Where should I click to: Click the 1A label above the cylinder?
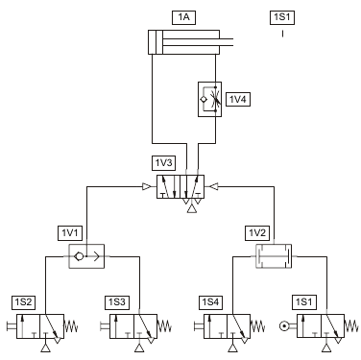[x=183, y=17]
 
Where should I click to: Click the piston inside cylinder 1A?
[x=156, y=42]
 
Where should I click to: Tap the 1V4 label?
[x=238, y=100]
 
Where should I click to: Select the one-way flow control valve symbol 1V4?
[x=209, y=99]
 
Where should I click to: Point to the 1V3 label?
[x=163, y=163]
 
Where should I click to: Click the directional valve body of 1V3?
[x=180, y=186]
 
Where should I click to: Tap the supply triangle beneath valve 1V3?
[x=192, y=209]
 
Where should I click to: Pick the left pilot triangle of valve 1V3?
[x=147, y=186]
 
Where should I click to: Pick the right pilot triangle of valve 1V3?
[x=214, y=186]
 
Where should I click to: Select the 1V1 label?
[x=70, y=233]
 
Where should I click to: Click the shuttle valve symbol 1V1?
[x=86, y=256]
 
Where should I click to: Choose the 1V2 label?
[x=257, y=233]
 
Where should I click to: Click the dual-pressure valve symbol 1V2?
[x=274, y=256]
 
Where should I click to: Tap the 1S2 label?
[x=23, y=302]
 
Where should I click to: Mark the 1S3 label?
[x=117, y=302]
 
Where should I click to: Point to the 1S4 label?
[x=210, y=302]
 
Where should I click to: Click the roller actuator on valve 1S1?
[x=283, y=326]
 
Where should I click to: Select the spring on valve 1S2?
[x=71, y=326]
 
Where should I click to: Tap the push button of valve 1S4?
[x=199, y=326]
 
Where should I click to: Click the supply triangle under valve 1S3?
[x=139, y=348]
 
